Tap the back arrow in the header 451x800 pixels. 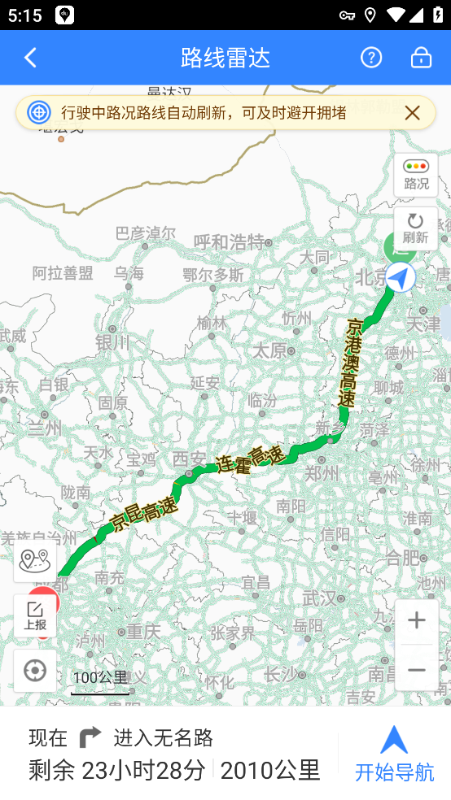click(x=31, y=58)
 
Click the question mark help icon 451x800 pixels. click(x=371, y=58)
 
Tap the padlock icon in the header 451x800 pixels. click(x=421, y=58)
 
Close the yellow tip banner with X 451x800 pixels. click(x=413, y=113)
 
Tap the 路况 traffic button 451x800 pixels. click(x=416, y=175)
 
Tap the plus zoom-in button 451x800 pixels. click(x=417, y=621)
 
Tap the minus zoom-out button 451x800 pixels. click(x=417, y=670)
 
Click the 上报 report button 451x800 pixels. click(x=35, y=616)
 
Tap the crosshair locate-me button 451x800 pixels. click(x=35, y=671)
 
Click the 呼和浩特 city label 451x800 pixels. click(x=229, y=242)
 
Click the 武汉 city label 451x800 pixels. click(x=318, y=598)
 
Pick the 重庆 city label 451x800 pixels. click(x=144, y=631)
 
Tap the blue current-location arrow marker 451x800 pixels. click(x=400, y=278)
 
